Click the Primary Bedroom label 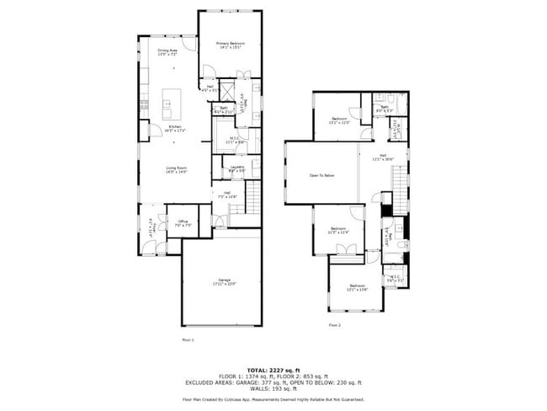pyautogui.click(x=229, y=45)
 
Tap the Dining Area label pyautogui.click(x=167, y=52)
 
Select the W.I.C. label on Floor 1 pyautogui.click(x=236, y=141)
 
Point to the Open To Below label pyautogui.click(x=321, y=175)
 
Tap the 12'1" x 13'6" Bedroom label pyautogui.click(x=357, y=288)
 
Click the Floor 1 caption pyautogui.click(x=188, y=339)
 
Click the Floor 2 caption pyautogui.click(x=334, y=324)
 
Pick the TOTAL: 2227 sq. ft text pyautogui.click(x=273, y=370)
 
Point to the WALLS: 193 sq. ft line pyautogui.click(x=273, y=389)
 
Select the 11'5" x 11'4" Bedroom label pyautogui.click(x=338, y=231)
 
